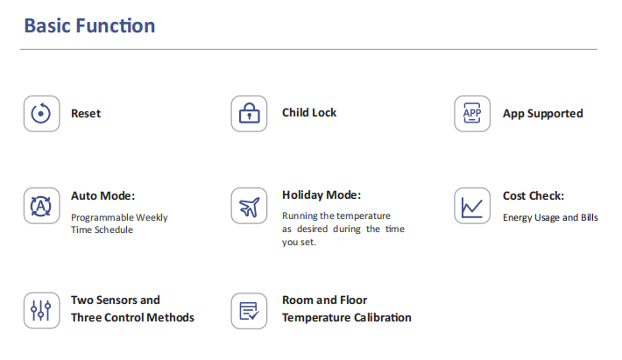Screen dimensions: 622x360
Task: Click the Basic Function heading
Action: pyautogui.click(x=89, y=25)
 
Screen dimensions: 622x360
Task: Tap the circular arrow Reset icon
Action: pyautogui.click(x=42, y=114)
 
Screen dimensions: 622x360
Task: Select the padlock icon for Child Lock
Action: pyautogui.click(x=249, y=114)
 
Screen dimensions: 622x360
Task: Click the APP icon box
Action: pyautogui.click(x=472, y=114)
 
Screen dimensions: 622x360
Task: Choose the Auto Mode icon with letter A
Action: pyautogui.click(x=42, y=206)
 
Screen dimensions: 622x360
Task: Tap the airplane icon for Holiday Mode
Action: pyautogui.click(x=249, y=206)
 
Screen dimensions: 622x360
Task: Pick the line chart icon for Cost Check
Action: pyautogui.click(x=472, y=206)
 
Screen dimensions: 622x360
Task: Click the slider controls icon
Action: pyautogui.click(x=42, y=310)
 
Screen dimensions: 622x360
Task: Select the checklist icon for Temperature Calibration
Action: pyautogui.click(x=249, y=311)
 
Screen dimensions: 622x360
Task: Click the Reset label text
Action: pyautogui.click(x=86, y=113)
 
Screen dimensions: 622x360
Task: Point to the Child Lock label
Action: pyautogui.click(x=309, y=113)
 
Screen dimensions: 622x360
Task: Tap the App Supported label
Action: pyautogui.click(x=542, y=114)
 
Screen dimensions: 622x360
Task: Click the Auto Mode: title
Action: pyautogui.click(x=102, y=196)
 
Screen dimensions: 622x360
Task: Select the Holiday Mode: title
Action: pyautogui.click(x=322, y=195)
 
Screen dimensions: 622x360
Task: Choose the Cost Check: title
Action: pyautogui.click(x=534, y=196)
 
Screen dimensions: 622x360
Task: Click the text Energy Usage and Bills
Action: pyautogui.click(x=550, y=218)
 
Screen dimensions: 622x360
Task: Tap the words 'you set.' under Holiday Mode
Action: pyautogui.click(x=299, y=243)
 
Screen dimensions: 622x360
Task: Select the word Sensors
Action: pyautogui.click(x=116, y=300)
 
